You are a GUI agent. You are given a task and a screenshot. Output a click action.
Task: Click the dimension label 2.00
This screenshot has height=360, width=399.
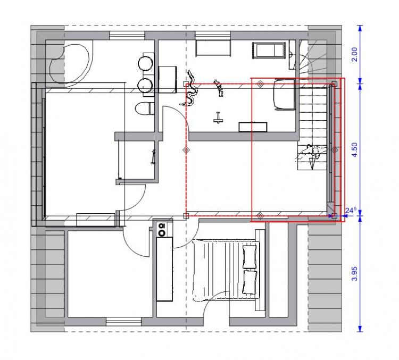click(354, 54)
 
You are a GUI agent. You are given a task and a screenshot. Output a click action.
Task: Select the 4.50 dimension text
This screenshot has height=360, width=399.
click(354, 150)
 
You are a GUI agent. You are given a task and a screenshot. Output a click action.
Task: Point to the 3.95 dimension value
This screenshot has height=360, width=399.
click(354, 273)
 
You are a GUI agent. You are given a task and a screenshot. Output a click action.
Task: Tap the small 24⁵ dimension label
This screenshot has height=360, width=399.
click(351, 211)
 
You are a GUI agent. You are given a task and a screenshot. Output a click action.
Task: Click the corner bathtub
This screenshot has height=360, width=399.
click(69, 64)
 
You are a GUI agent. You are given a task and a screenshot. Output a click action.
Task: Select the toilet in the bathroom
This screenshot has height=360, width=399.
click(144, 108)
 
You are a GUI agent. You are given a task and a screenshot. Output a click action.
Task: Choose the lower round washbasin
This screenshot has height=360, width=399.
click(145, 86)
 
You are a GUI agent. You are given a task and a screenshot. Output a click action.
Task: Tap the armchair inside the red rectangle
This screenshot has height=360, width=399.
click(284, 95)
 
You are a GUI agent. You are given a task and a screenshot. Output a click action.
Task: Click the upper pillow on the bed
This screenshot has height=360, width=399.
click(250, 256)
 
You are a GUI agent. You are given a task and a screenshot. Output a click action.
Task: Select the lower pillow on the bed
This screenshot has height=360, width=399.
click(250, 282)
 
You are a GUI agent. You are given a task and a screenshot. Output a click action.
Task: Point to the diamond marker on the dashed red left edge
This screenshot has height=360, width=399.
click(186, 150)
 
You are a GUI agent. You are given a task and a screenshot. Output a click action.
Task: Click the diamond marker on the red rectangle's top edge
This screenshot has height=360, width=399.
click(260, 83)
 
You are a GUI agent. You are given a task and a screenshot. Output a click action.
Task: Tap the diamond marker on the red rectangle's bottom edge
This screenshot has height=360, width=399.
click(260, 216)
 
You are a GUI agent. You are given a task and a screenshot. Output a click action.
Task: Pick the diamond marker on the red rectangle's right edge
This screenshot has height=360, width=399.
click(334, 150)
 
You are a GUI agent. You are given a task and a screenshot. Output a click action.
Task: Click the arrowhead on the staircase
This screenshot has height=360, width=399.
click(312, 164)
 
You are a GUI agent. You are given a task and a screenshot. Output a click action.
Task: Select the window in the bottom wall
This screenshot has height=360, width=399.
click(123, 322)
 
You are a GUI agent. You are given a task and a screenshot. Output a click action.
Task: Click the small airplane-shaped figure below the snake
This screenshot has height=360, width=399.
click(218, 118)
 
